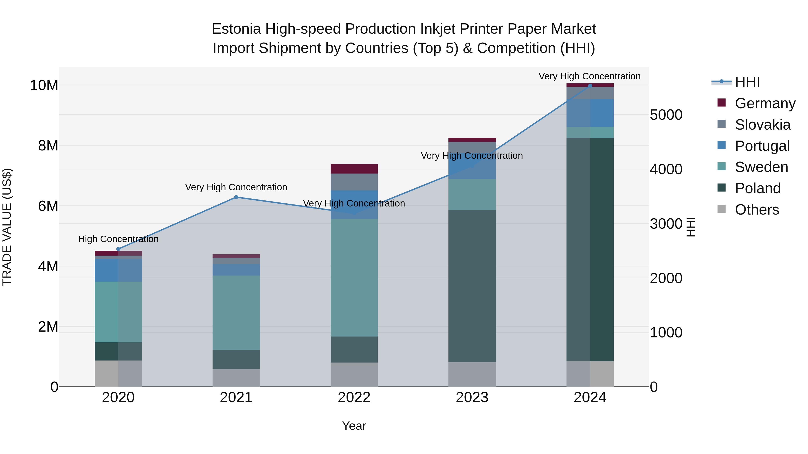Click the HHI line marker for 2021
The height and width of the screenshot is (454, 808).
click(x=236, y=197)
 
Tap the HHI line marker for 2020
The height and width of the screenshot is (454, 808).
click(x=118, y=249)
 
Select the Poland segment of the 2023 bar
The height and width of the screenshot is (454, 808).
click(x=472, y=286)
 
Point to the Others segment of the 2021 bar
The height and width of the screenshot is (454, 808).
click(x=236, y=378)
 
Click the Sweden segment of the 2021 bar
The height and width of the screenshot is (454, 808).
click(x=236, y=312)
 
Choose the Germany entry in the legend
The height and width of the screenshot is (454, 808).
click(x=765, y=103)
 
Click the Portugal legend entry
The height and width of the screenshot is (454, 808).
click(x=762, y=146)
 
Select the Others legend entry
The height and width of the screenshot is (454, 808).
click(x=757, y=210)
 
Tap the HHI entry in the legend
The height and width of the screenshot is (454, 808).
click(x=747, y=82)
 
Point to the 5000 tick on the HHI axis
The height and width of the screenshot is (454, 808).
click(x=666, y=115)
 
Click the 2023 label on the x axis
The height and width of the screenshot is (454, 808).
click(x=472, y=398)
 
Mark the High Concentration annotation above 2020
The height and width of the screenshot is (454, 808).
click(x=118, y=239)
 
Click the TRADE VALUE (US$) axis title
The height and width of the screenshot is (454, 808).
click(x=7, y=227)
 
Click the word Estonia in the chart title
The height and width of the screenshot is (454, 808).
click(x=236, y=29)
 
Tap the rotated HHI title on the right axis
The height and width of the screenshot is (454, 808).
click(x=691, y=227)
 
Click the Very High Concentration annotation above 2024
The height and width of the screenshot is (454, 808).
click(x=589, y=76)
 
